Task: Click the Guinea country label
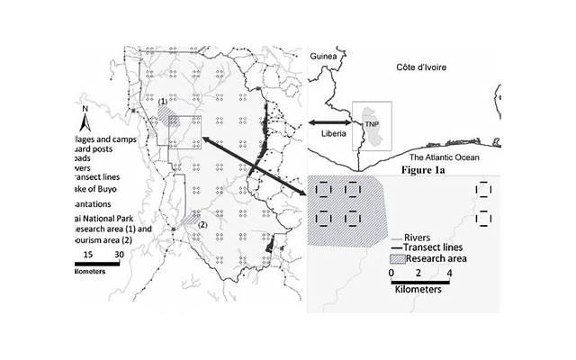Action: coord(323,57)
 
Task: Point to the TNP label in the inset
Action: coord(369,124)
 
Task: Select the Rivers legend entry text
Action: coord(411,238)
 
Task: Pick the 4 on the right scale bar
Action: coord(448,271)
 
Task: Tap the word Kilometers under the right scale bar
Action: coord(422,291)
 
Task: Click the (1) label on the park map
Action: coord(163,103)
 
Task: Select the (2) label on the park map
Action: coord(202,224)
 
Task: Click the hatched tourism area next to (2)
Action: coord(190,218)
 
